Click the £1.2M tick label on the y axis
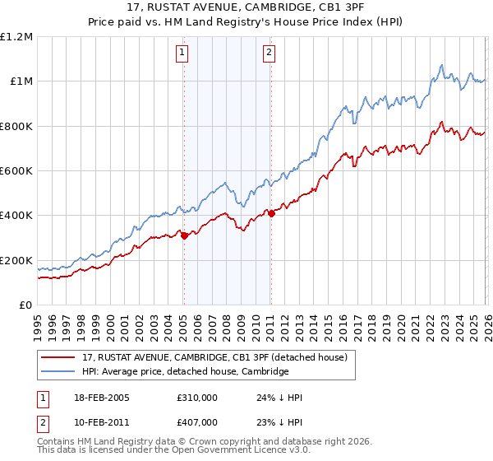tap(17, 36)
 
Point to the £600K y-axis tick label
tap(17, 170)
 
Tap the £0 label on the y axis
tap(26, 305)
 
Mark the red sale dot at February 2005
tap(184, 235)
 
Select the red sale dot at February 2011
tap(270, 214)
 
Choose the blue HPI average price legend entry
tap(185, 371)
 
